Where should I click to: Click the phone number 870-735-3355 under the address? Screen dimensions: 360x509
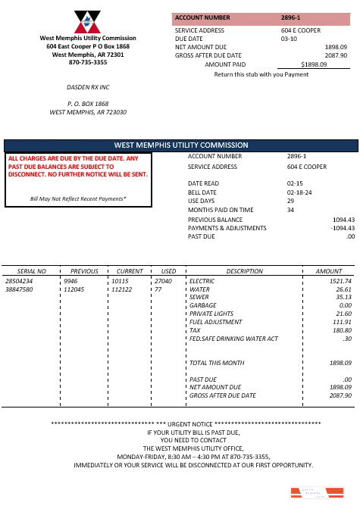coord(88,63)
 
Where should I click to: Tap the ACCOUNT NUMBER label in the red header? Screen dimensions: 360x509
coord(202,16)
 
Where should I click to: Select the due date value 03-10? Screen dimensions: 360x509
coord(288,37)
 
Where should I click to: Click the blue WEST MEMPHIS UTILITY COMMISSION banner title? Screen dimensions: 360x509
coord(180,145)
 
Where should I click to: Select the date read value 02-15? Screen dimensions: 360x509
coord(295,183)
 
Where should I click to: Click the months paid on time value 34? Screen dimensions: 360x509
coord(290,210)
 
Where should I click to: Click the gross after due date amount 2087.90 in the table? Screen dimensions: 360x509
coord(339,395)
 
